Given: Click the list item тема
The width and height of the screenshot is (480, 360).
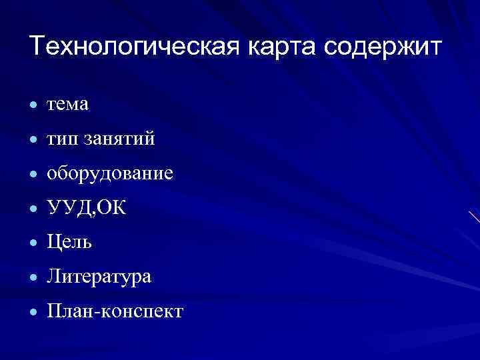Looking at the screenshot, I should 67,105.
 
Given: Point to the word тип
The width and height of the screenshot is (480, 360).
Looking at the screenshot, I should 59,139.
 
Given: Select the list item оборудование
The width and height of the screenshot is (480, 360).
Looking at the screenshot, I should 110,174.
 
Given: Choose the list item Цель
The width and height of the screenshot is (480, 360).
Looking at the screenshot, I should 70,243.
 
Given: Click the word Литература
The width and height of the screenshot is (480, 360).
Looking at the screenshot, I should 99,277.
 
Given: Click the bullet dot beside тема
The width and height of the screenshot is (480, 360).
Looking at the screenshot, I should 33,105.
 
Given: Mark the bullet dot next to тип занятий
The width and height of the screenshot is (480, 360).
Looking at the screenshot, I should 33,140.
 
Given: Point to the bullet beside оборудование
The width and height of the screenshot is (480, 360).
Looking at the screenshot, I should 33,175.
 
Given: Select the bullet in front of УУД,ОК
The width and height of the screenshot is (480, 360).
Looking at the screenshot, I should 33,209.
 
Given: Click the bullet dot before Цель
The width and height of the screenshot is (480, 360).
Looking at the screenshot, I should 33,244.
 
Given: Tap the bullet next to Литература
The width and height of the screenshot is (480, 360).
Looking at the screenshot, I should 33,278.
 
